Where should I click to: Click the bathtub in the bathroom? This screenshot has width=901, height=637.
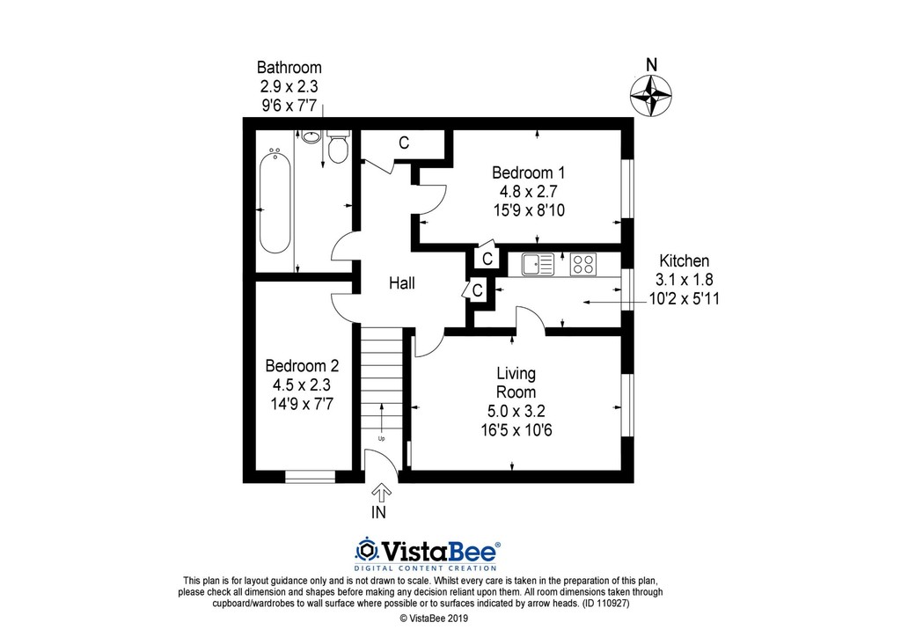tap(275, 201)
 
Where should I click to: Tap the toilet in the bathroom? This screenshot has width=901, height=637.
tap(337, 146)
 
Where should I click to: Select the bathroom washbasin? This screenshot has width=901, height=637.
tap(311, 136)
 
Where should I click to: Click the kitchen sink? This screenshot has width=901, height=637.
tap(538, 264)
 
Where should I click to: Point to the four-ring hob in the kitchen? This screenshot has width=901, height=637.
tap(582, 264)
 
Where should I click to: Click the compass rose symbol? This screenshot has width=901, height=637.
tap(650, 94)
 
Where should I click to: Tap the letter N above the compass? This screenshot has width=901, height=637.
tap(651, 65)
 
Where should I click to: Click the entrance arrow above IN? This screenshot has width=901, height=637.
tap(382, 493)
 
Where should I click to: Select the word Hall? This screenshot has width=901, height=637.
tap(401, 282)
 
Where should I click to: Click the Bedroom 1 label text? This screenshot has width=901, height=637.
tap(529, 172)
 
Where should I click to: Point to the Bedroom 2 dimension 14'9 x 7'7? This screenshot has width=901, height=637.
tap(302, 404)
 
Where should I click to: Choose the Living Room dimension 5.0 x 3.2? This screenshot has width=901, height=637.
tap(516, 411)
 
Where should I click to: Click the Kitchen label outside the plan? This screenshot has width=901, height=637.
tap(684, 260)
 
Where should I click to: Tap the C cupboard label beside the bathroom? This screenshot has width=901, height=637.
tap(404, 143)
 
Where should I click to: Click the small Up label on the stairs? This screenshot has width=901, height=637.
tap(382, 439)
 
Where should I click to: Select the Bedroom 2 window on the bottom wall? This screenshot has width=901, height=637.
tap(311, 476)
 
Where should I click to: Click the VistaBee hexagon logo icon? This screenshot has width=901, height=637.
tap(366, 551)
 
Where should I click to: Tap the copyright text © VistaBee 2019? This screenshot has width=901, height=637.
tap(434, 619)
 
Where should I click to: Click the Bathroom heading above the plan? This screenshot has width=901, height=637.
tap(289, 67)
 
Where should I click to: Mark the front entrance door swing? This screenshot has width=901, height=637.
tap(382, 464)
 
